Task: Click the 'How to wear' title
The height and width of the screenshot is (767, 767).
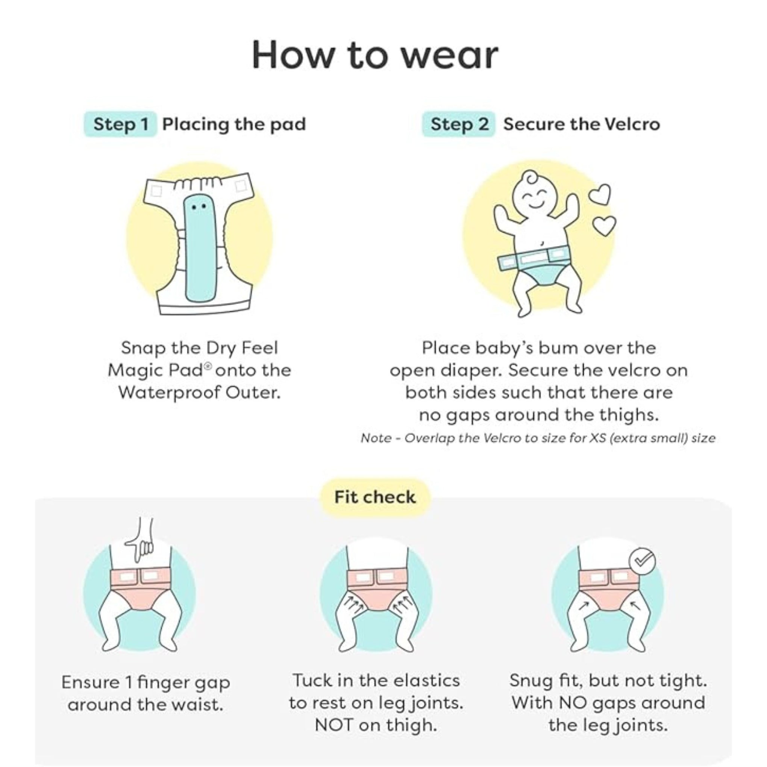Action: click(375, 55)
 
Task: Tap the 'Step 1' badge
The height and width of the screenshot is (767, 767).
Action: click(120, 124)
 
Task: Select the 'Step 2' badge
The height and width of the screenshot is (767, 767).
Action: click(459, 124)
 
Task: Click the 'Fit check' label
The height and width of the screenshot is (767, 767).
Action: click(375, 497)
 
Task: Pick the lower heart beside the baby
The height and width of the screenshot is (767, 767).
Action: click(604, 225)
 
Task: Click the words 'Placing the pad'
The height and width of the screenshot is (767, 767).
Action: click(234, 124)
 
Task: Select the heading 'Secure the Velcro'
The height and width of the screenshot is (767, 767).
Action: click(582, 124)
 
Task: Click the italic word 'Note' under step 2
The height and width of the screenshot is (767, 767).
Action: click(375, 438)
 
